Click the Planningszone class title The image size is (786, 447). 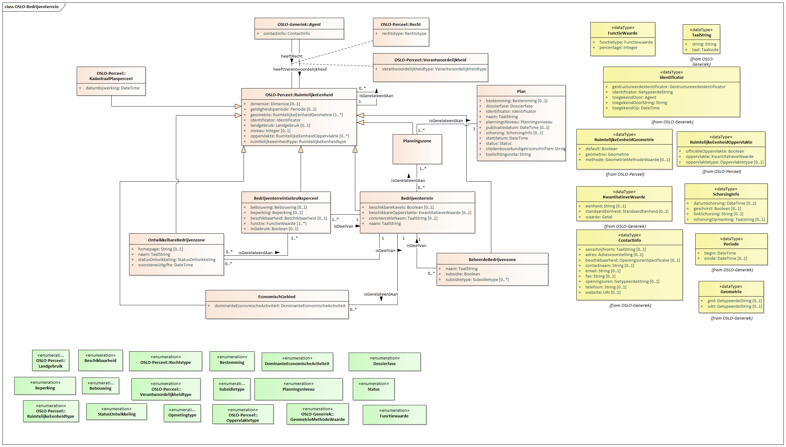tap(417, 141)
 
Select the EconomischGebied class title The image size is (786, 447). tap(277, 297)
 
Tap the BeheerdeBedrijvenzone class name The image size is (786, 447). tap(492, 260)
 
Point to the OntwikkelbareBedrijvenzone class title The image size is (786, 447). tap(177, 240)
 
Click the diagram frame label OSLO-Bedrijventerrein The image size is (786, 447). tap(32, 7)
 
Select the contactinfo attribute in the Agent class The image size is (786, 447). tap(286, 34)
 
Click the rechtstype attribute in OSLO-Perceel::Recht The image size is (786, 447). tap(404, 34)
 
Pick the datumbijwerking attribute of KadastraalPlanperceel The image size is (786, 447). tap(112, 88)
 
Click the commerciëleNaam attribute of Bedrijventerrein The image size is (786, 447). tap(403, 218)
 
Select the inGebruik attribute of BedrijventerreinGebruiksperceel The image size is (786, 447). tap(274, 229)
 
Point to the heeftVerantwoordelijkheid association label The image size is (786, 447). tap(300, 69)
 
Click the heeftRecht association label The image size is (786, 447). tap(292, 56)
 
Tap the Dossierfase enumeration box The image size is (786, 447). tap(385, 361)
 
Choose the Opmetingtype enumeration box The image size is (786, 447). tap(182, 413)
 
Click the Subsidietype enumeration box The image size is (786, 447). tap(232, 389)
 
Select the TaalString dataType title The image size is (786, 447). tap(701, 35)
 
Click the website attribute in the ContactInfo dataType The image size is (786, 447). tap(603, 292)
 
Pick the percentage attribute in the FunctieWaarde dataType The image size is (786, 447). tap(618, 48)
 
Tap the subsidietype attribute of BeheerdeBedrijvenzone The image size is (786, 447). tap(477, 280)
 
